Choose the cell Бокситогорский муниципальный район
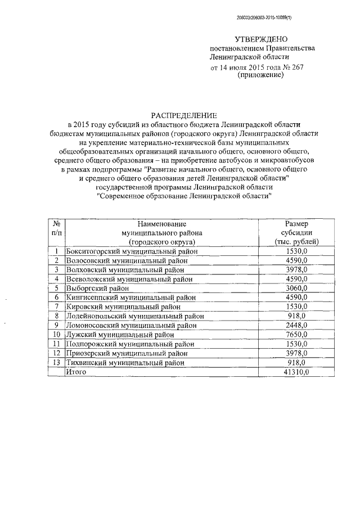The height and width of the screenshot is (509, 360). click(x=132, y=251)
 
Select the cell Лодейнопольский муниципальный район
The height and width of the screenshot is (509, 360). click(x=134, y=316)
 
